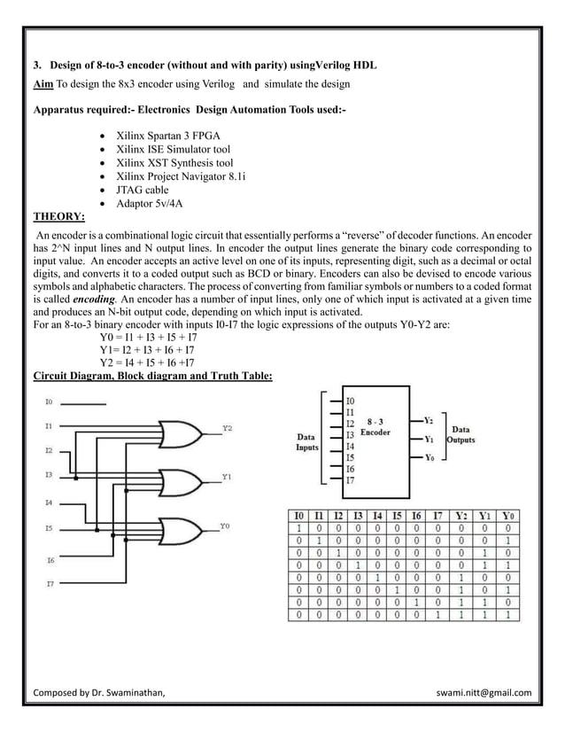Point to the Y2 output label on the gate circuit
[228, 427]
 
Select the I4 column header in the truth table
[378, 515]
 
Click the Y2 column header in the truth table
[462, 515]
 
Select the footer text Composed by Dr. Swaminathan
[98, 692]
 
